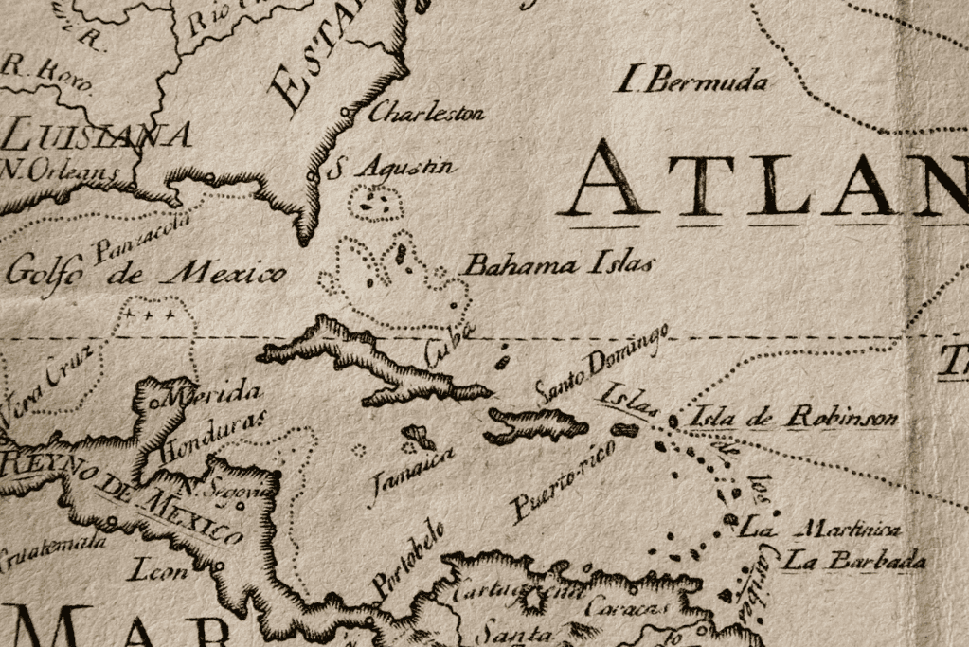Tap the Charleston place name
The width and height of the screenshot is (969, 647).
click(426, 113)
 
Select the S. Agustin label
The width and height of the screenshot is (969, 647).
click(390, 170)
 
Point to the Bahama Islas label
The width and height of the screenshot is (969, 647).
click(556, 264)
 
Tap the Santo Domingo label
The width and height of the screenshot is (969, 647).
click(601, 365)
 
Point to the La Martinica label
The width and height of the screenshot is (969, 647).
click(819, 529)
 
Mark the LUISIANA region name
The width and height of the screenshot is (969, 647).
click(95, 135)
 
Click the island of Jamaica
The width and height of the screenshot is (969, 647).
click(419, 438)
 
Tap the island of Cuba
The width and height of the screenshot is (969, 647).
click(379, 365)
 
